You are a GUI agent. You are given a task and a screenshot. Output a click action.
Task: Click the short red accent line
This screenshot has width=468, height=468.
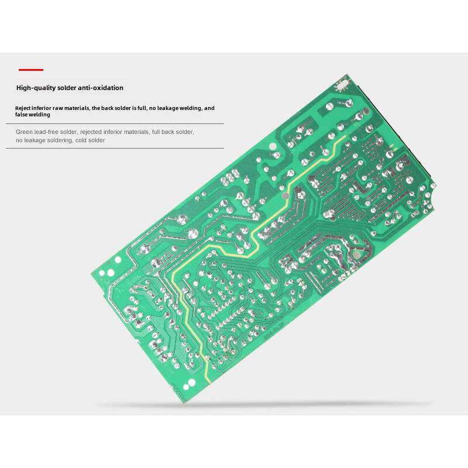click(30, 70)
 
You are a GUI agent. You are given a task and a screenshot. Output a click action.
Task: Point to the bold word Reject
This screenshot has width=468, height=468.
click(23, 108)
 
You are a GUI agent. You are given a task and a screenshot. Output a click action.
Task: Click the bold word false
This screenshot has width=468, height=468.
click(22, 115)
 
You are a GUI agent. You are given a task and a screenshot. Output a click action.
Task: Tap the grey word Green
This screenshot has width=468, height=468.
click(24, 132)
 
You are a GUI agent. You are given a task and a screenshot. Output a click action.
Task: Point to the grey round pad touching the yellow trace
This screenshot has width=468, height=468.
click(283, 198)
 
